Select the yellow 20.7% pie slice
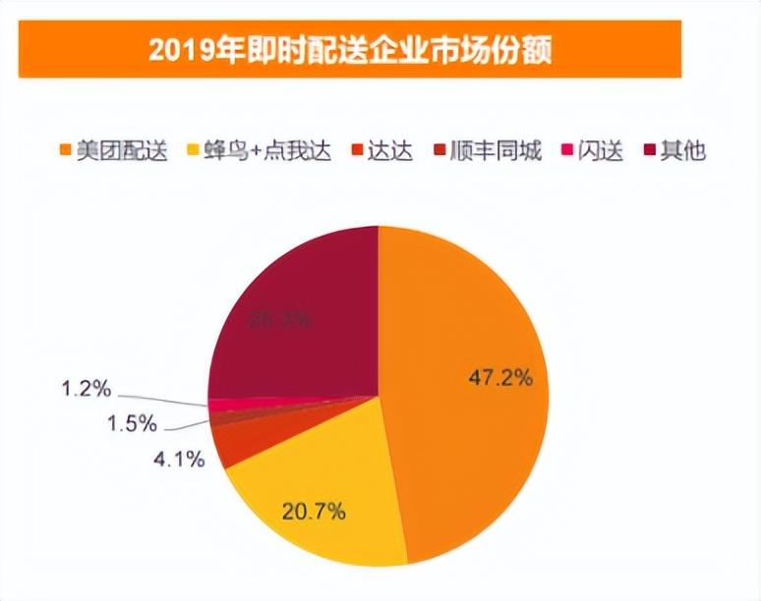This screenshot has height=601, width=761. coord(315,491)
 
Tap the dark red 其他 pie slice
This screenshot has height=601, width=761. coord(295,314)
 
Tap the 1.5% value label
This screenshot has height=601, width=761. coord(132,424)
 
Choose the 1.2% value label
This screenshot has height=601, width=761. coord(88,389)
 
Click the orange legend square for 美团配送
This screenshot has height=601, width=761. coord(66,151)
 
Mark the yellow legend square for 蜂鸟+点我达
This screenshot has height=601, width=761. coord(209,151)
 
